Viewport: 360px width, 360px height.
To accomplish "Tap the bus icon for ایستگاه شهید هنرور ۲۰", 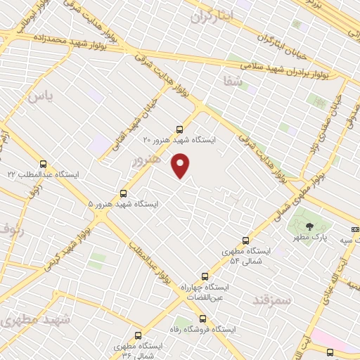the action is [179, 129].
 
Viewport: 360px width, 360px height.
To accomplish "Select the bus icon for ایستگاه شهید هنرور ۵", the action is [124, 193].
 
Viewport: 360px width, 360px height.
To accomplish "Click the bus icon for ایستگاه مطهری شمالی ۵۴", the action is [245, 240].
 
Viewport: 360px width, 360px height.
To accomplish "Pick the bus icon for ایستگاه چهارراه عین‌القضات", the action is [205, 276].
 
